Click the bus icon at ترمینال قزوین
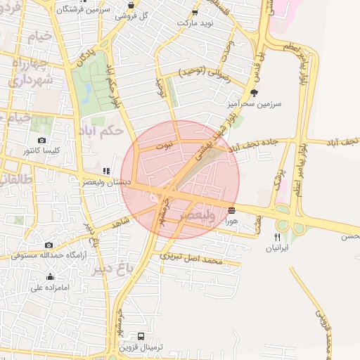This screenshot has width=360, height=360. tap(141, 337)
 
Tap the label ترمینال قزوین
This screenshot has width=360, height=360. tap(141, 348)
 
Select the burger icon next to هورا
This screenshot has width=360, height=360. tap(231, 210)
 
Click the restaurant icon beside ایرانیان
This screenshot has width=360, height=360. tap(277, 237)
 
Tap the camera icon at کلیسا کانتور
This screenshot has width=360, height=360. tap(42, 141)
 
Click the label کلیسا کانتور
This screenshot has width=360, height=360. tap(41, 151)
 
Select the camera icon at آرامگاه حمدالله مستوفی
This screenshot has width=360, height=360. tap(49, 245)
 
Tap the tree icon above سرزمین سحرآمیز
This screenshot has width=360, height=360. tap(254, 92)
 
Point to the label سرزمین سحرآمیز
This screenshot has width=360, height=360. tap(253, 103)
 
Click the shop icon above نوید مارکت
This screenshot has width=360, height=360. tap(194, 13)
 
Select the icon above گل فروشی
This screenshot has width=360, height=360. tap(131, 4)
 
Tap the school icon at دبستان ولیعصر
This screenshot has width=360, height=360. tap(106, 171)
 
